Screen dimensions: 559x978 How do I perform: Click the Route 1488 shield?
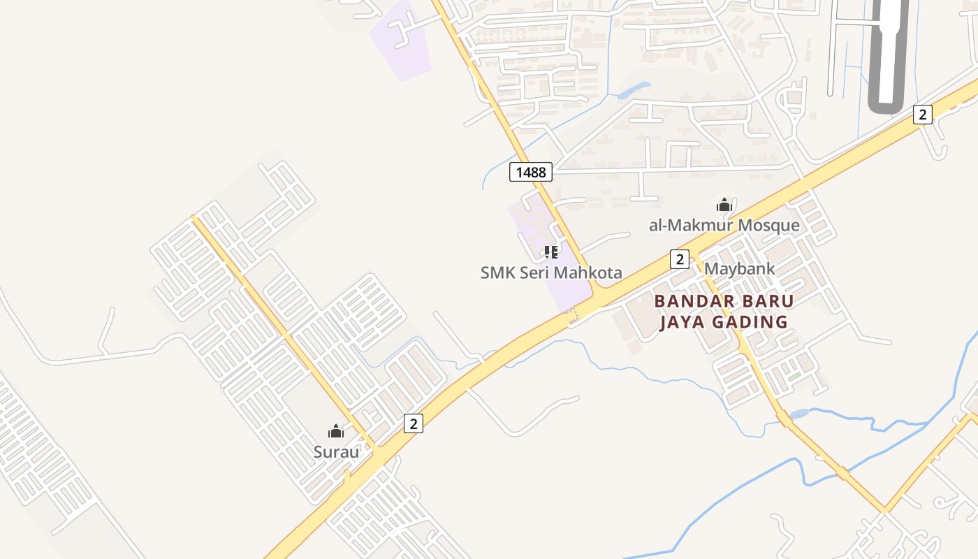531,171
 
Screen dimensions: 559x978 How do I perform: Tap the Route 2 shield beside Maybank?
680,259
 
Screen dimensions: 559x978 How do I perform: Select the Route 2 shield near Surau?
414,423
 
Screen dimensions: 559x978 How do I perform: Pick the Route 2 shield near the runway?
923,114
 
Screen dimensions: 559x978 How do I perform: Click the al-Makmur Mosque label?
724,225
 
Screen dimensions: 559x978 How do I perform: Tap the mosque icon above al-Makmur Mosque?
724,205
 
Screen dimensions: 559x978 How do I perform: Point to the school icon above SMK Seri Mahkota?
550,252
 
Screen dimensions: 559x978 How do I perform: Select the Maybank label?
739,268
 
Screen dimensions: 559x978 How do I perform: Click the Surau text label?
336,451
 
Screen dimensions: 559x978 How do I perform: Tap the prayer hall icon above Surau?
336,431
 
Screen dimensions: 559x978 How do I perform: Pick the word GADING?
750,322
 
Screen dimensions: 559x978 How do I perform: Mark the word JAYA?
683,322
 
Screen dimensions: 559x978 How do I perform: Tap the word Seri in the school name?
532,273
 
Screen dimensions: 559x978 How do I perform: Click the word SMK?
496,273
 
